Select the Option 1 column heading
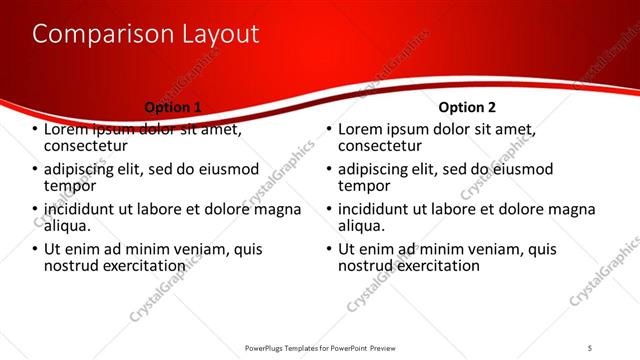173,107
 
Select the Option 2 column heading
467,107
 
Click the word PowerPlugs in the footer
268,349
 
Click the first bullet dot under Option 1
36,130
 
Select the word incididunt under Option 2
378,210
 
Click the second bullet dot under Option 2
330,170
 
